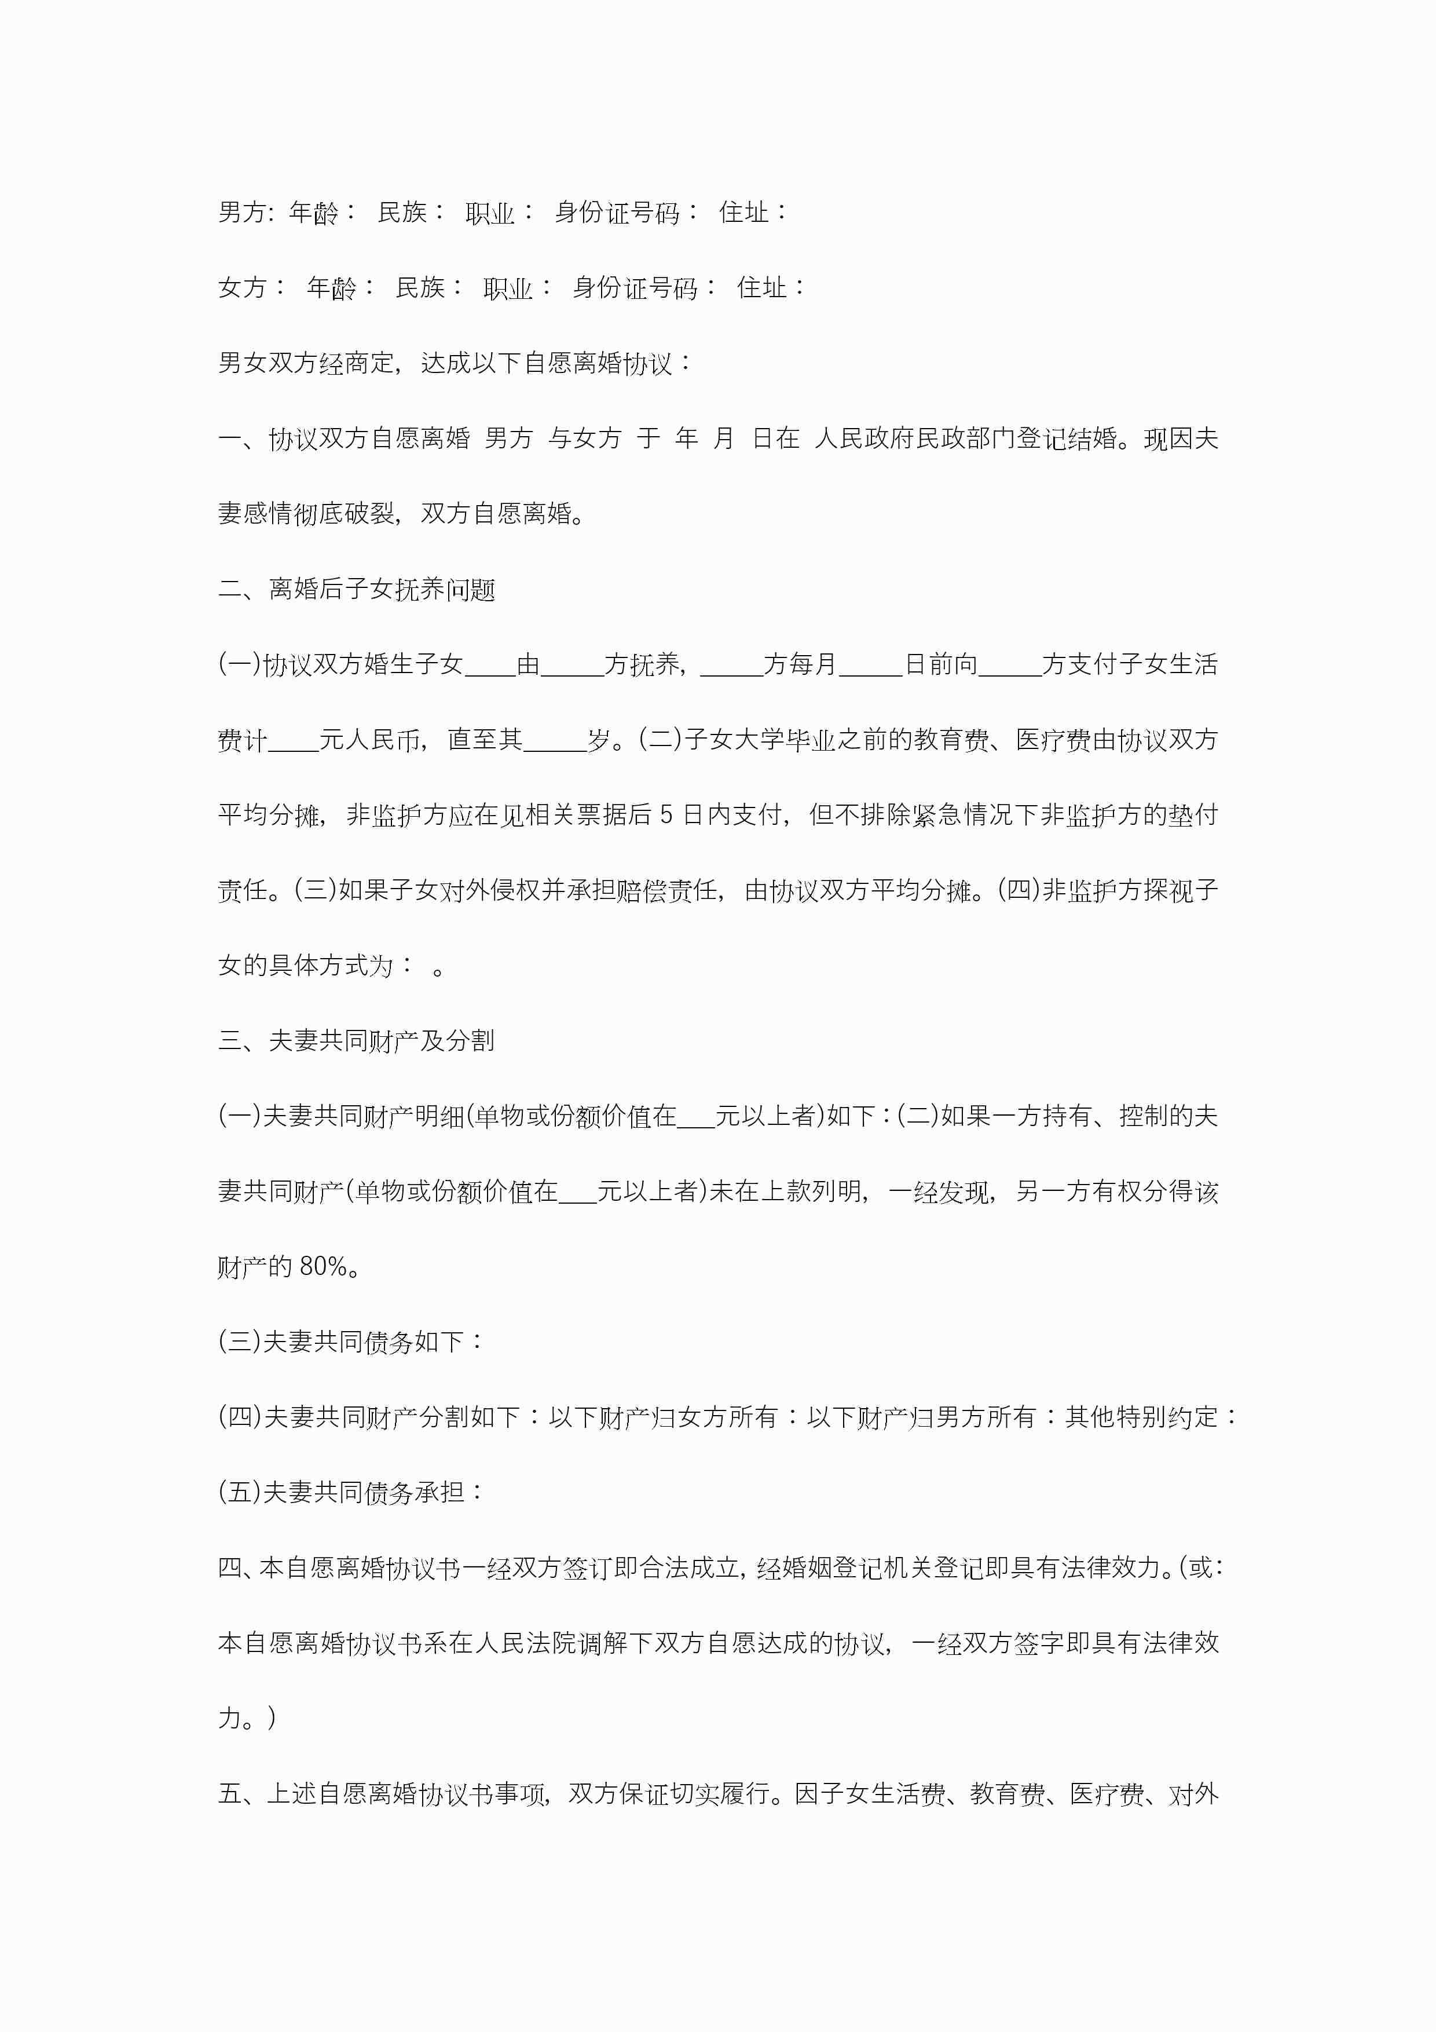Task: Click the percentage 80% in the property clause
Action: tap(323, 1266)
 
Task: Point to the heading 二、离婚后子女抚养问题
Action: tap(357, 590)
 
